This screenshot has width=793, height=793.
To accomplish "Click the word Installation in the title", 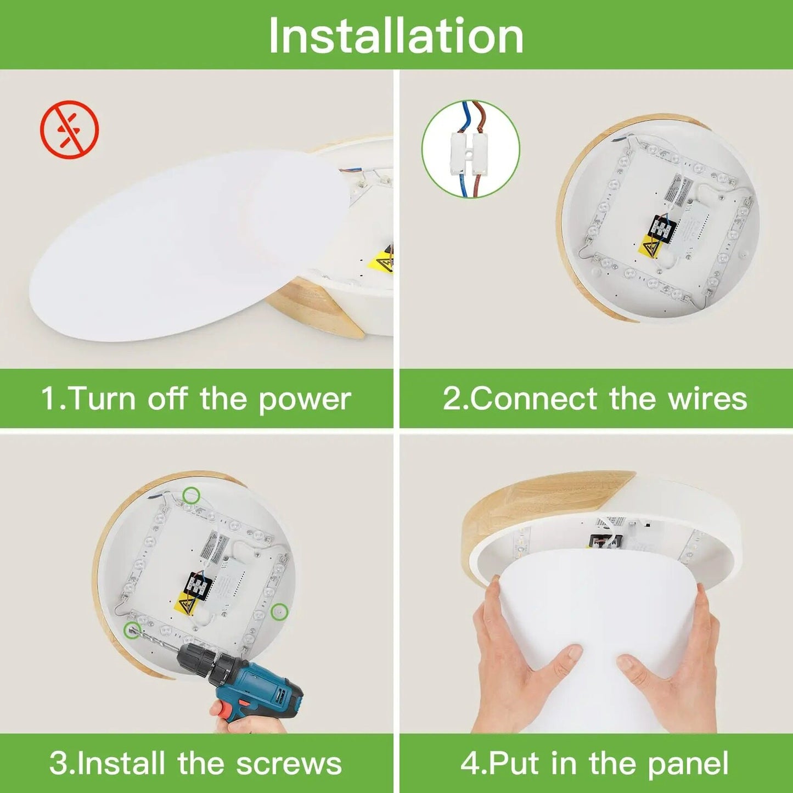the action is pos(396,36).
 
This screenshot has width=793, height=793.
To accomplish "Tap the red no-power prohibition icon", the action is pos(70,130).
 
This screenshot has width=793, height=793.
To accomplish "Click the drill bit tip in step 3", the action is pos(131,629).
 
